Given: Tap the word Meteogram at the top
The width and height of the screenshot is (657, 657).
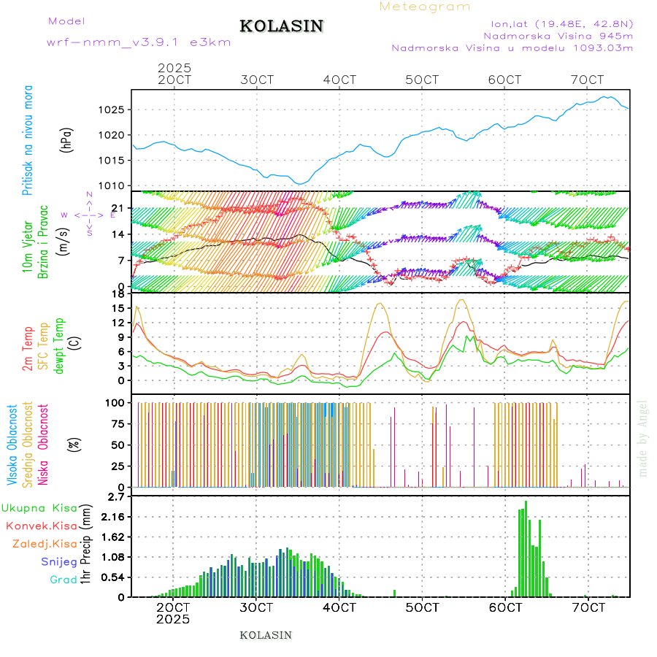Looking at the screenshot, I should (x=425, y=7).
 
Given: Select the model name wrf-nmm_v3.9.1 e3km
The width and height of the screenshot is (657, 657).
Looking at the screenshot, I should (x=139, y=42).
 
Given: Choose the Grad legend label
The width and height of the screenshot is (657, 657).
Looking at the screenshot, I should (x=64, y=580).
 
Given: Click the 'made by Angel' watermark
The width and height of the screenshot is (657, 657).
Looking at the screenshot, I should (x=643, y=438).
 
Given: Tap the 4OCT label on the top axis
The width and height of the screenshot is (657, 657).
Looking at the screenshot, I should (x=339, y=80).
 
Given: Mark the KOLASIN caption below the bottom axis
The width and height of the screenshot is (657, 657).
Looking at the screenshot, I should (x=266, y=635).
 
